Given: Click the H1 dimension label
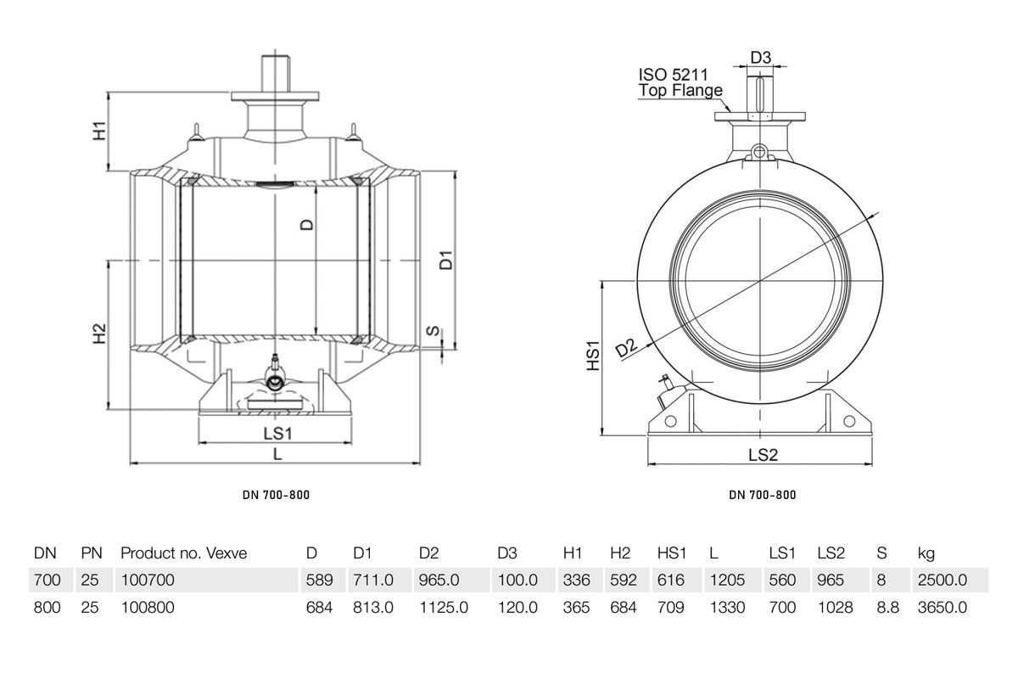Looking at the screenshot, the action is tap(99, 131).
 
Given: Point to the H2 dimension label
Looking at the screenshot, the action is tap(99, 334).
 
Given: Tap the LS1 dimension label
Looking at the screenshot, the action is tap(277, 434).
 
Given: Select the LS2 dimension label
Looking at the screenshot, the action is tap(763, 455).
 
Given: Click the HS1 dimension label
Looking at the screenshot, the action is tap(594, 355).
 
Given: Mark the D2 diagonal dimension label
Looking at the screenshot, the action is tap(627, 348).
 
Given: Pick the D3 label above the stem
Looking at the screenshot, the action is tap(761, 58).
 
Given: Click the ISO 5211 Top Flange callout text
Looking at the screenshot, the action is tap(680, 82).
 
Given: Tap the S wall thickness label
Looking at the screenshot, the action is tap(434, 331).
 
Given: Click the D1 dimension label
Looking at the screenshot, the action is tap(447, 260).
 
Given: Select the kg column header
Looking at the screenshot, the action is tap(926, 553).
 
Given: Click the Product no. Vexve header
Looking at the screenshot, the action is tap(183, 553).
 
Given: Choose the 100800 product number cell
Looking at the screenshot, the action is tap(148, 607).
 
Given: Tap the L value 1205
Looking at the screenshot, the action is tap(727, 580).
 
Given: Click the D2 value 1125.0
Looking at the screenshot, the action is tap(444, 607).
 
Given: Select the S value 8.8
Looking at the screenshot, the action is tap(888, 607).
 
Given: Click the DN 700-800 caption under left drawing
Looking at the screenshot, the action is tap(276, 495).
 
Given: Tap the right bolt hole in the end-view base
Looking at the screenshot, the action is tap(849, 421).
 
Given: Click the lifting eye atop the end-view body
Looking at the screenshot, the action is tap(758, 151).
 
